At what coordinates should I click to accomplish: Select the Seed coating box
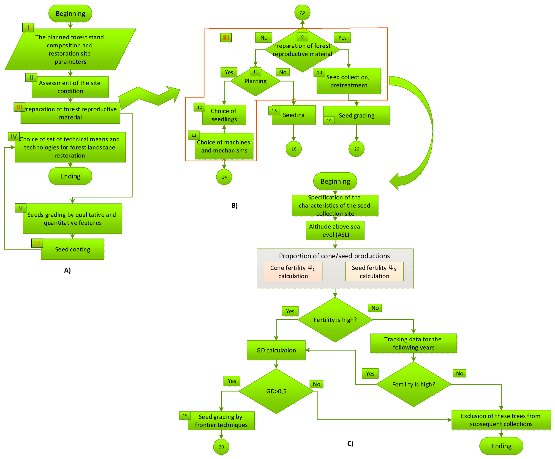click(72, 249)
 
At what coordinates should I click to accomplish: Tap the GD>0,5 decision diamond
click(276, 391)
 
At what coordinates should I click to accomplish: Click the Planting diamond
click(255, 81)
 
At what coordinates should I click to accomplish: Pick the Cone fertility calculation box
click(293, 272)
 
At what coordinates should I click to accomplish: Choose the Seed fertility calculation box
click(374, 272)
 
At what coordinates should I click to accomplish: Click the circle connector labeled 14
click(224, 177)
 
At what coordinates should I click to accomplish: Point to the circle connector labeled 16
click(294, 149)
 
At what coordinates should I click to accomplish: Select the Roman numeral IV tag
click(14, 137)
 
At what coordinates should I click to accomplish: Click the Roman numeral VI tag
click(37, 243)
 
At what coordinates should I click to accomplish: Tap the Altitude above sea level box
click(335, 231)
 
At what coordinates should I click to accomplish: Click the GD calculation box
click(276, 350)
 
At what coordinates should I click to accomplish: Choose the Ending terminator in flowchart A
click(70, 176)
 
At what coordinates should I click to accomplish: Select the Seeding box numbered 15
click(294, 115)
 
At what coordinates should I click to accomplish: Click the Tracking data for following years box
click(413, 343)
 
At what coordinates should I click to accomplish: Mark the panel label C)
click(350, 443)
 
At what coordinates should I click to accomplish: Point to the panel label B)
click(234, 205)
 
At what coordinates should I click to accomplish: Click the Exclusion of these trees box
click(501, 420)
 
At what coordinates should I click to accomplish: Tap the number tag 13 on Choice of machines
click(194, 135)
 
